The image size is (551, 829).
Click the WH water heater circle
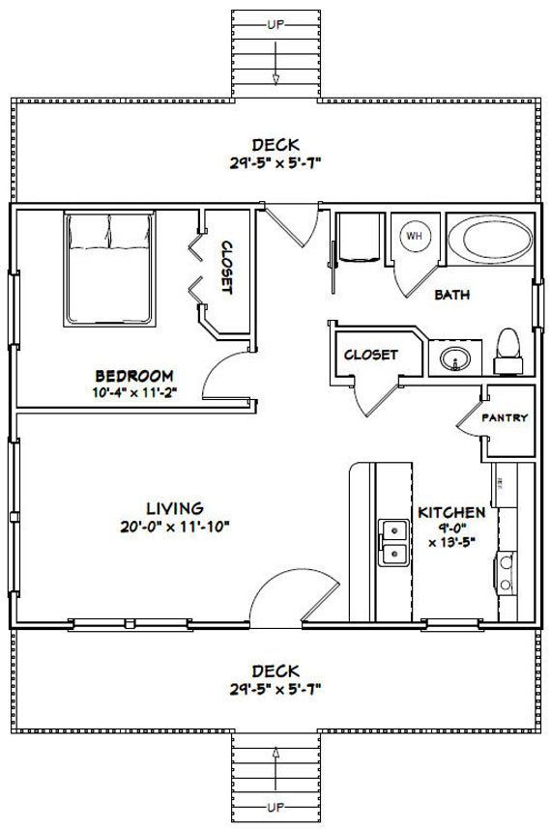tap(415, 236)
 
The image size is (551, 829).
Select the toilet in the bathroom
tap(508, 352)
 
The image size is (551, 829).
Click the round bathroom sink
tap(455, 359)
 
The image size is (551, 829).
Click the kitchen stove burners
tap(506, 573)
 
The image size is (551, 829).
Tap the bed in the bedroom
tap(109, 270)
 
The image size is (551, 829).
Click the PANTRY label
tap(505, 417)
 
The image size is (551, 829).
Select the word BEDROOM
tap(134, 376)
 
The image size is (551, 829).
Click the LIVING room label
tap(175, 508)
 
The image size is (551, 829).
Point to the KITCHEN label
tap(451, 512)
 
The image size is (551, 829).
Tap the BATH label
tap(452, 295)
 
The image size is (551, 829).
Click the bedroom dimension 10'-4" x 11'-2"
tap(134, 392)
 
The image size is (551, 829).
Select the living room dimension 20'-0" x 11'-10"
tap(175, 527)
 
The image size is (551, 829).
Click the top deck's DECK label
tap(275, 144)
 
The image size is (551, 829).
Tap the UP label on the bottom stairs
tap(275, 808)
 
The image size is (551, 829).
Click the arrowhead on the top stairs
tap(275, 79)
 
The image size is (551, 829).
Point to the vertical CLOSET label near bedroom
tap(226, 267)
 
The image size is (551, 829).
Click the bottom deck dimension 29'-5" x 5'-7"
tap(275, 690)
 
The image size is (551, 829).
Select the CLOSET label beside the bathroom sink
tap(370, 355)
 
